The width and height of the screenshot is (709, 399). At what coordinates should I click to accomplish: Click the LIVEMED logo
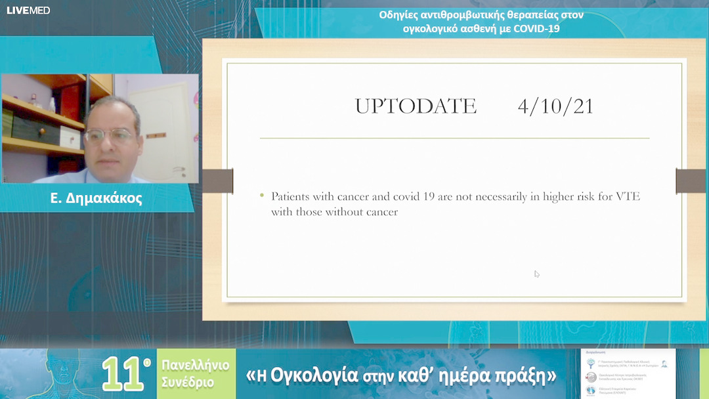[28, 10]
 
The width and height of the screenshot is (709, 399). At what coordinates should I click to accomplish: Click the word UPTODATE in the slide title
[416, 106]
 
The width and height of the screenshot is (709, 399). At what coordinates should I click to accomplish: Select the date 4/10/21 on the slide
[555, 106]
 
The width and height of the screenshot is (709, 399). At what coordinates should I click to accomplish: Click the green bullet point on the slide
[263, 196]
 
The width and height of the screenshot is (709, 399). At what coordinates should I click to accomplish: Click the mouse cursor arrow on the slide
[536, 274]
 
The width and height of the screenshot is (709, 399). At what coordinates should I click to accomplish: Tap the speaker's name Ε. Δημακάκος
[96, 198]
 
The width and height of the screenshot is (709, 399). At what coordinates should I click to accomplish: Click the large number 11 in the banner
[123, 373]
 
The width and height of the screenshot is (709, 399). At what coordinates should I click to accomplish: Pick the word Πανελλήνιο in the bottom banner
[196, 366]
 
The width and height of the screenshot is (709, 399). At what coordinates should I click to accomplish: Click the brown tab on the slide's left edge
[217, 181]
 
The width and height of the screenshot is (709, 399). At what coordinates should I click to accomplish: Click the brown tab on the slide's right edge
[691, 181]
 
